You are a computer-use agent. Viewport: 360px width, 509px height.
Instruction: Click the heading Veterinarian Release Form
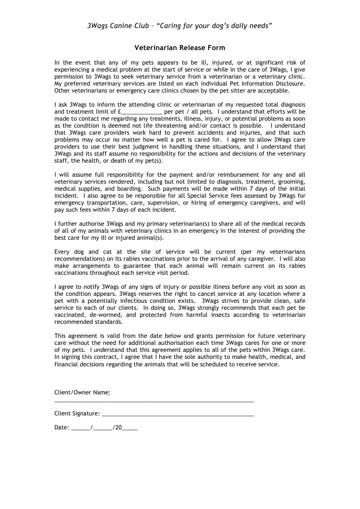point(180,48)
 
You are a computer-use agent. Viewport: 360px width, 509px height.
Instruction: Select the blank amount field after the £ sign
point(142,112)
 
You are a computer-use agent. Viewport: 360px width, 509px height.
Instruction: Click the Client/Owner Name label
point(82,392)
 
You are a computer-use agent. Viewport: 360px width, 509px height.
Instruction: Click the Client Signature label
point(77,414)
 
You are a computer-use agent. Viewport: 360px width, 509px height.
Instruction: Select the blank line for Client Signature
point(178,415)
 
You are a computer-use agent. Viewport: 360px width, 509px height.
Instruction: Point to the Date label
point(62,428)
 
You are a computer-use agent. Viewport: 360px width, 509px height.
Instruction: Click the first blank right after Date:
point(81,429)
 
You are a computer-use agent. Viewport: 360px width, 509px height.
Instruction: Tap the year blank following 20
point(130,429)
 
